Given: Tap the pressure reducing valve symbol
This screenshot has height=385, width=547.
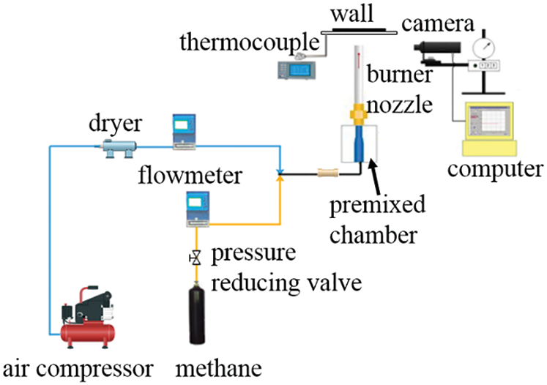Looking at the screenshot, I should pyautogui.click(x=196, y=258).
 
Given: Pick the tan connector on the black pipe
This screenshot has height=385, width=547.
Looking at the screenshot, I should pyautogui.click(x=326, y=175).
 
